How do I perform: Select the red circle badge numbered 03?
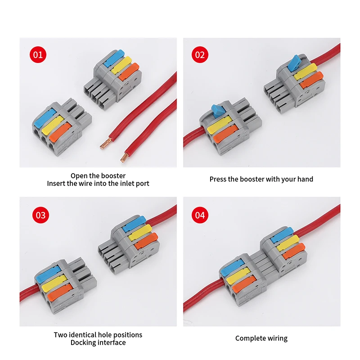pos(40,215)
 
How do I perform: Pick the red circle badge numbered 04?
pos(200,215)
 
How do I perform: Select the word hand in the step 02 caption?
pos(305,179)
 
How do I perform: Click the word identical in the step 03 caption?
pos(85,335)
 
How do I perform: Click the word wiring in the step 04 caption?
pos(277,338)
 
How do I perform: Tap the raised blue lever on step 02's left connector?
pos(217,109)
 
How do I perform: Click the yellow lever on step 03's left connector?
pos(51,285)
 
